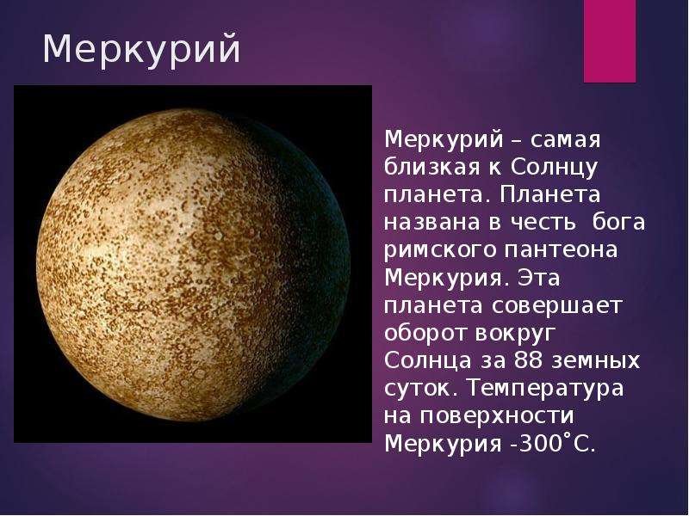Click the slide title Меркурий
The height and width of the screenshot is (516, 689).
(141, 49)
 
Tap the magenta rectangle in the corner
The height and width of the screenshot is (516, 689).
(610, 41)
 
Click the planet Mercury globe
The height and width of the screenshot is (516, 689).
(194, 265)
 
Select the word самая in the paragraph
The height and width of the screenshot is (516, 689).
(565, 140)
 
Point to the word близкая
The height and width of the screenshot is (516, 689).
(432, 167)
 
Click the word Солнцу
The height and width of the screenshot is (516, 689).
(555, 168)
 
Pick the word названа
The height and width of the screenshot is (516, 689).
(432, 223)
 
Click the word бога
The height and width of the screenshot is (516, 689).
(618, 222)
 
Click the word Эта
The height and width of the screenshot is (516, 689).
(539, 278)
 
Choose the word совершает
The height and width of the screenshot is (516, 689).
(556, 306)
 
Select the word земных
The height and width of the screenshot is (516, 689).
(595, 361)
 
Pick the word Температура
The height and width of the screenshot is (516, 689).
(544, 389)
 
